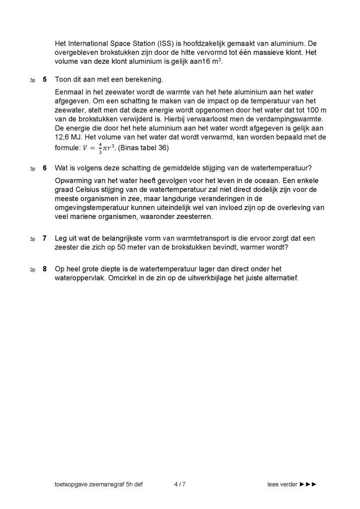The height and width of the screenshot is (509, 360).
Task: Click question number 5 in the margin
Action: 45,80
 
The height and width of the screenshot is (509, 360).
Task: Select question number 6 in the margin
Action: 45,168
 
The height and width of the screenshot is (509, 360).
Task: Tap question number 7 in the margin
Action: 45,239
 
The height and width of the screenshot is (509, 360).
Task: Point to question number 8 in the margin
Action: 45,269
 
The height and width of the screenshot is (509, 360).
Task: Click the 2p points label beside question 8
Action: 32,270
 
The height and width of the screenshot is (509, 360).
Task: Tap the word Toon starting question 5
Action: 63,80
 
